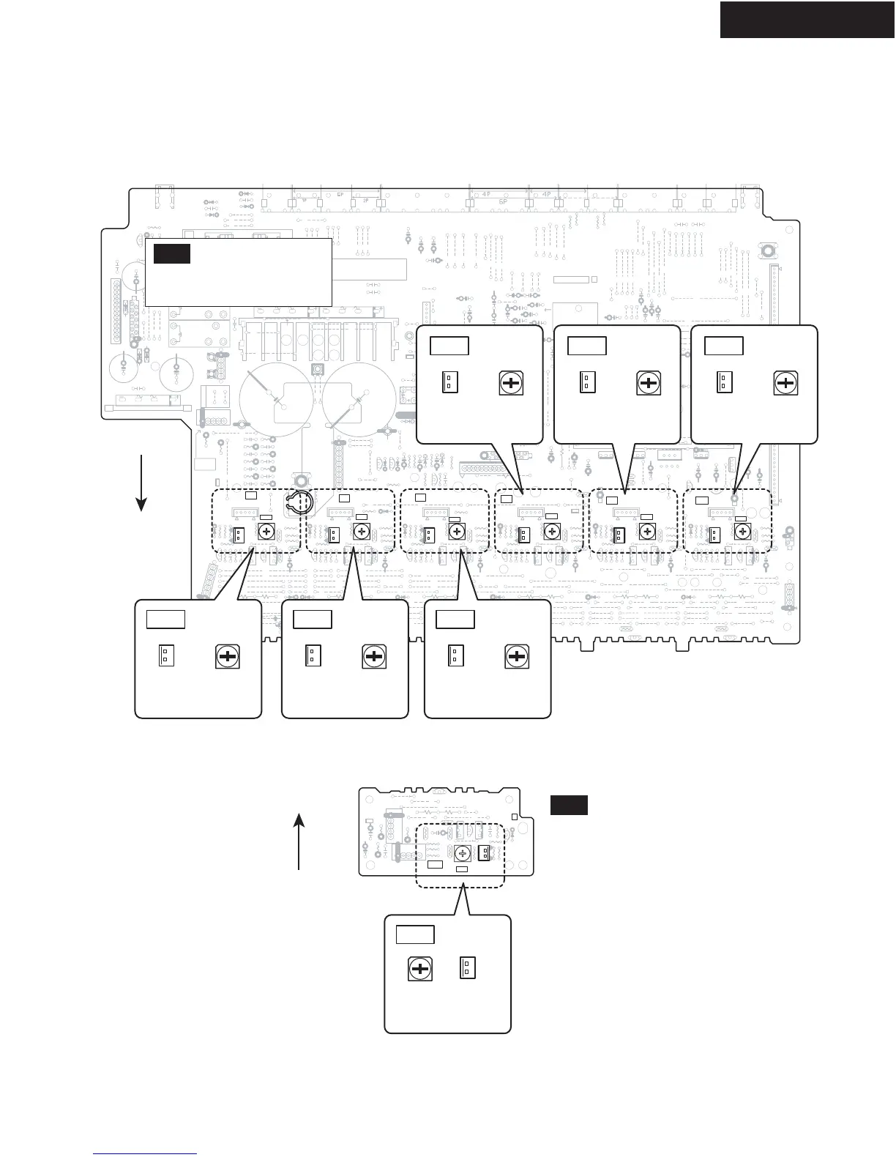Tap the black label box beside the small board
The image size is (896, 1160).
569,805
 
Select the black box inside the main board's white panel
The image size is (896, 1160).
172,254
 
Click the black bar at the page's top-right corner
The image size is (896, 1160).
807,19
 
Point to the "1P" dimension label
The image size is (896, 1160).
304,200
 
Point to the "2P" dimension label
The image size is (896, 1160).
365,200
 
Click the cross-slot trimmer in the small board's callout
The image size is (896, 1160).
420,970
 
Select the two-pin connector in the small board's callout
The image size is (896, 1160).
467,969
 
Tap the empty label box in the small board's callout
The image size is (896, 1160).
415,935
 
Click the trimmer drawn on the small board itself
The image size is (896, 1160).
462,853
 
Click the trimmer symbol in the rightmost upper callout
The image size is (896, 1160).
785,383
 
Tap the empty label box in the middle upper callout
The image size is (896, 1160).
587,345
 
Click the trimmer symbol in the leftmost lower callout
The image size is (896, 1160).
228,656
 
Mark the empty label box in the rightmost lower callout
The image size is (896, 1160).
455,619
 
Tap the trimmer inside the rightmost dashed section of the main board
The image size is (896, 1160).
742,534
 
